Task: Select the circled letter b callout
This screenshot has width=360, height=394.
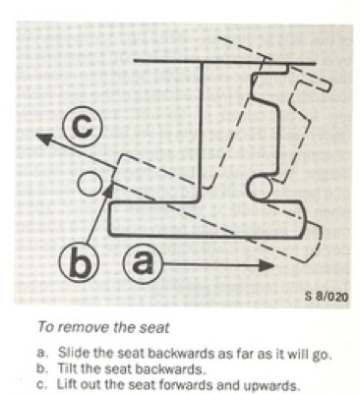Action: pyautogui.click(x=76, y=261)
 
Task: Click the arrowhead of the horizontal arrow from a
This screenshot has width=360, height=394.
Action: pyautogui.click(x=266, y=263)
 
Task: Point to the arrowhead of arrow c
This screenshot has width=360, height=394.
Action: pyautogui.click(x=45, y=139)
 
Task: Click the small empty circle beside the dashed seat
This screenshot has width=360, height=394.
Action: pyautogui.click(x=90, y=184)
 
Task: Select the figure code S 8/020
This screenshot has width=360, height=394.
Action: pyautogui.click(x=326, y=297)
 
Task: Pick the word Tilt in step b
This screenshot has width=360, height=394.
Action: pyautogui.click(x=68, y=369)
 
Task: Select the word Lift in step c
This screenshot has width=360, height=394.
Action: pyautogui.click(x=67, y=385)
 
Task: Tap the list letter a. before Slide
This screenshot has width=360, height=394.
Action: pyautogui.click(x=42, y=354)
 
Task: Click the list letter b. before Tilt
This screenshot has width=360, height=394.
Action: pyautogui.click(x=42, y=369)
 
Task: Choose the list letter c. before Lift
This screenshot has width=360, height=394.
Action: pyautogui.click(x=42, y=385)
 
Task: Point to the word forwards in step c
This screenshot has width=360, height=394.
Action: pyautogui.click(x=206, y=386)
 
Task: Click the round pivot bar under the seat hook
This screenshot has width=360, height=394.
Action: pyautogui.click(x=259, y=190)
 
